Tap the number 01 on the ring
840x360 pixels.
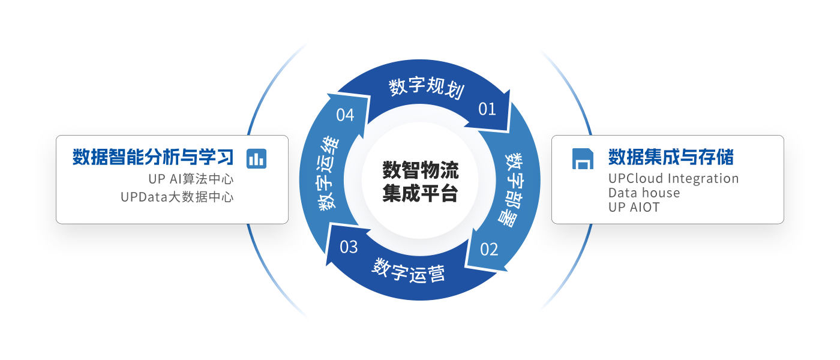(487, 109)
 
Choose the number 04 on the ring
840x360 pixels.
(346, 115)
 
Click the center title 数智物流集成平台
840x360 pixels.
(420, 181)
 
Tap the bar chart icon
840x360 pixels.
(257, 158)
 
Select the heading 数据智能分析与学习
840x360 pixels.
(153, 157)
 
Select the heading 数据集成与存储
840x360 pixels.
(671, 157)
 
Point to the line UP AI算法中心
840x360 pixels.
(191, 179)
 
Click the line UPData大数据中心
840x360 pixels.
(176, 196)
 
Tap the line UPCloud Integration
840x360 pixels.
(673, 179)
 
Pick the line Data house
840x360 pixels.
(644, 193)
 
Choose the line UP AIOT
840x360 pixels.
(634, 207)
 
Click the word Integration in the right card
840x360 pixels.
(703, 179)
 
